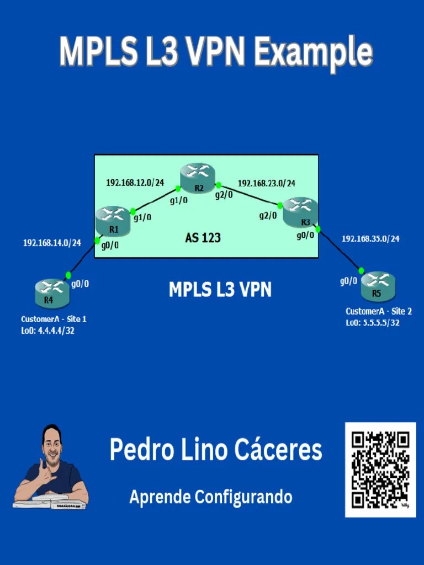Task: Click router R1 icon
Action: (113, 219)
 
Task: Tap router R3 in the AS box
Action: (300, 212)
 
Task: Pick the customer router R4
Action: (52, 292)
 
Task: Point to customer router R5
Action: (379, 284)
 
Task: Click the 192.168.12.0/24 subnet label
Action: (135, 182)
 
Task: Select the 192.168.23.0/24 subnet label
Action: (266, 183)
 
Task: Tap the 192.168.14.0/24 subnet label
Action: (52, 242)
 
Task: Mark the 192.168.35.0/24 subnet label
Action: (370, 239)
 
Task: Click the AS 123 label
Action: (203, 238)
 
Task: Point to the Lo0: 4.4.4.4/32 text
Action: (47, 331)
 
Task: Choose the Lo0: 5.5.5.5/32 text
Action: (373, 323)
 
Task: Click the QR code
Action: (380, 470)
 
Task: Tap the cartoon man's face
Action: (52, 443)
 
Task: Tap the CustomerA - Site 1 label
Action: (54, 319)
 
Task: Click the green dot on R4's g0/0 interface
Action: (68, 275)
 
